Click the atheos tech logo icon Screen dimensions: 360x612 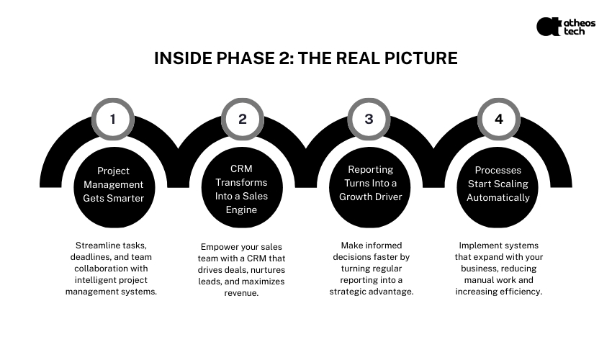pyautogui.click(x=548, y=27)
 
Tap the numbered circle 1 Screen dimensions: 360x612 pyautogui.click(x=112, y=119)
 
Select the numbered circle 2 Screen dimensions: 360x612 pyautogui.click(x=242, y=119)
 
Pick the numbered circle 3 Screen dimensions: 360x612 pyautogui.click(x=369, y=119)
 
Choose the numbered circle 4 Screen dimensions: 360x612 pyautogui.click(x=498, y=119)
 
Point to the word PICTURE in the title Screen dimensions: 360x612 pyautogui.click(x=416, y=58)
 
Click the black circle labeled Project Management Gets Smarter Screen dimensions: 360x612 pyautogui.click(x=113, y=184)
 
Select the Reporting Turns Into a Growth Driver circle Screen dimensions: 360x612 pyautogui.click(x=370, y=184)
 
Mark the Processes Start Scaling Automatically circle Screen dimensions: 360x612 pyautogui.click(x=498, y=184)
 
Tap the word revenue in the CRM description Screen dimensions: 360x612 pyautogui.click(x=242, y=294)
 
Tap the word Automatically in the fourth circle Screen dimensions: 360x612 pyautogui.click(x=498, y=197)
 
